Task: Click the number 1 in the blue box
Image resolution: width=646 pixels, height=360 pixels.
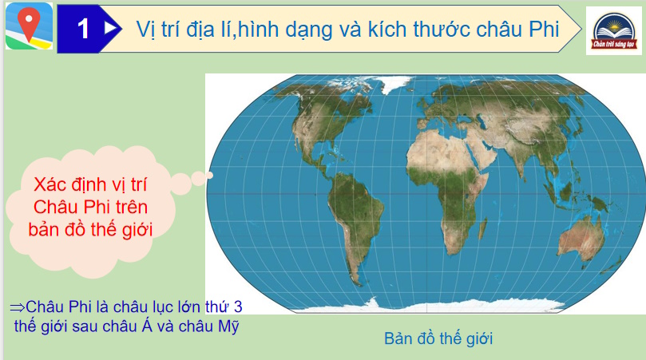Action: [x=83, y=29]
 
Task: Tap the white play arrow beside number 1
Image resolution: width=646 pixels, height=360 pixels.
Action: [x=111, y=28]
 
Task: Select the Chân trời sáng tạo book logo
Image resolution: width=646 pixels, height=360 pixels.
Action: [x=613, y=30]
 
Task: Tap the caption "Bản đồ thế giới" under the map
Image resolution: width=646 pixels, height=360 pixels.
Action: [x=438, y=338]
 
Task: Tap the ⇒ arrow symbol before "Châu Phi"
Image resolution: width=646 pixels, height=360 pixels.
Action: [x=17, y=307]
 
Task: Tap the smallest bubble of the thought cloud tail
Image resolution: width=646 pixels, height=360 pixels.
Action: [x=212, y=173]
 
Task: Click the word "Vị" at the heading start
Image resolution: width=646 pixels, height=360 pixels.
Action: [x=146, y=29]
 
